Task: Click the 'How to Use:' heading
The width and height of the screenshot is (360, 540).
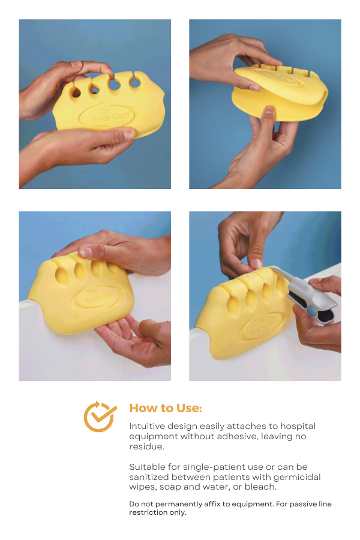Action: [x=166, y=408]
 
